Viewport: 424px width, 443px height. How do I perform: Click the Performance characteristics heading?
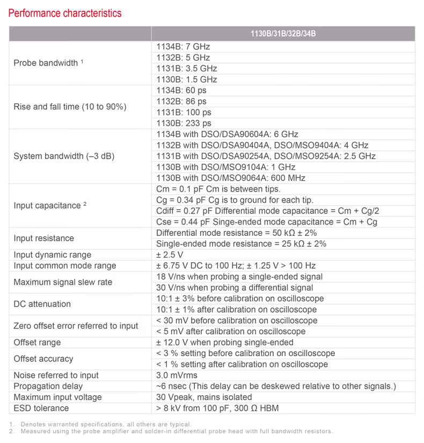point(65,13)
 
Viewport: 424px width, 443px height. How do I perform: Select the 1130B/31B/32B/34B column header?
point(283,34)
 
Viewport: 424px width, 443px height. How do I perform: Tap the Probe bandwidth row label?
point(48,63)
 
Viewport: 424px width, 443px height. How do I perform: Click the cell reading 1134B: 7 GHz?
point(183,47)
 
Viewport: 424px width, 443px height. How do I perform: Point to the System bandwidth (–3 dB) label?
point(64,157)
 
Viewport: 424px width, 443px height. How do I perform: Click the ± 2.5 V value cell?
point(170,255)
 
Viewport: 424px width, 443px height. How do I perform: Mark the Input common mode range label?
point(65,266)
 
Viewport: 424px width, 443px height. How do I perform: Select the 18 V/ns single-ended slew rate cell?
point(239,277)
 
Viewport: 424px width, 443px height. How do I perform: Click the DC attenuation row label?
point(42,304)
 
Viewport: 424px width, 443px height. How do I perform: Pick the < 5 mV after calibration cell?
point(231,331)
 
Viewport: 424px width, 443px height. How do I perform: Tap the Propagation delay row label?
point(48,386)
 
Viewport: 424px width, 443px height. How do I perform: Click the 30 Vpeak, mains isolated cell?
point(204,397)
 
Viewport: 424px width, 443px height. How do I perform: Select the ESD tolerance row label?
point(41,408)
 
